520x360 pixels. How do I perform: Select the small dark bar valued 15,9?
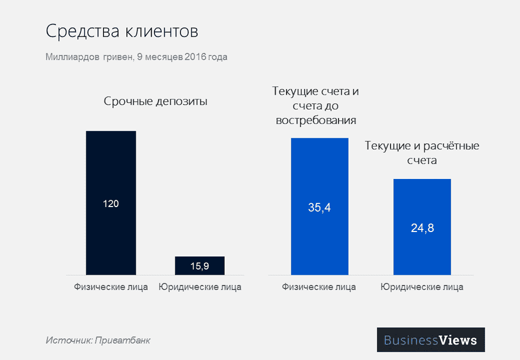click(199, 260)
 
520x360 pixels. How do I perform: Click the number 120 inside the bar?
click(111, 203)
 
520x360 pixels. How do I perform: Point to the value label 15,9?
click(200, 266)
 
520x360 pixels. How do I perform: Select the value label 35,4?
click(319, 209)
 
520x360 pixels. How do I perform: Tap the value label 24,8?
click(422, 228)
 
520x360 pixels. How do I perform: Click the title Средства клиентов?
click(122, 31)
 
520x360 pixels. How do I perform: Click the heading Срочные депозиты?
click(155, 101)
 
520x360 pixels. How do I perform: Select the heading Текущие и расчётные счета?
click(422, 153)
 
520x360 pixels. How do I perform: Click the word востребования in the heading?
click(316, 120)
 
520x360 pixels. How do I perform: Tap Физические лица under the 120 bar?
click(111, 287)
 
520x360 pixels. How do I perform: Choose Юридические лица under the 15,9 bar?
click(200, 287)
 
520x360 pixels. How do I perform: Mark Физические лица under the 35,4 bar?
click(319, 287)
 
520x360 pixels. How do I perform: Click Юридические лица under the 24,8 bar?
click(422, 287)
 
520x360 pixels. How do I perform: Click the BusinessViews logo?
click(430, 340)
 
